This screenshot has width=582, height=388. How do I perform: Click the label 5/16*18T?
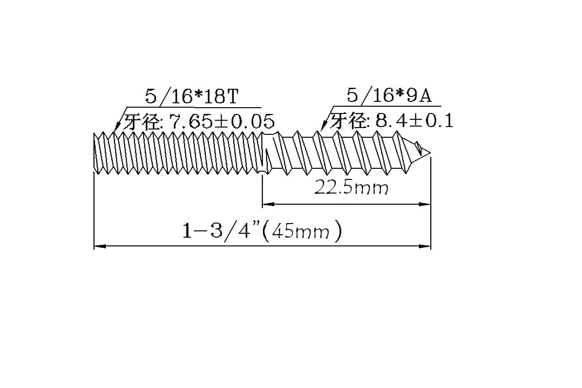tap(192, 96)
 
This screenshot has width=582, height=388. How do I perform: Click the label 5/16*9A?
tap(388, 96)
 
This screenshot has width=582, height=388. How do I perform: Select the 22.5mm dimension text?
tap(352, 187)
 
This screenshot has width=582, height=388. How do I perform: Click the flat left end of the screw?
tap(94, 153)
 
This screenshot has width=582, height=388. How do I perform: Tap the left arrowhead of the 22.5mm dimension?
tap(267, 204)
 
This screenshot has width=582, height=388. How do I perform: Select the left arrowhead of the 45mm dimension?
tap(99, 247)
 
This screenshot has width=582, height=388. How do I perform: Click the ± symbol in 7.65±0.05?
tap(221, 121)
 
